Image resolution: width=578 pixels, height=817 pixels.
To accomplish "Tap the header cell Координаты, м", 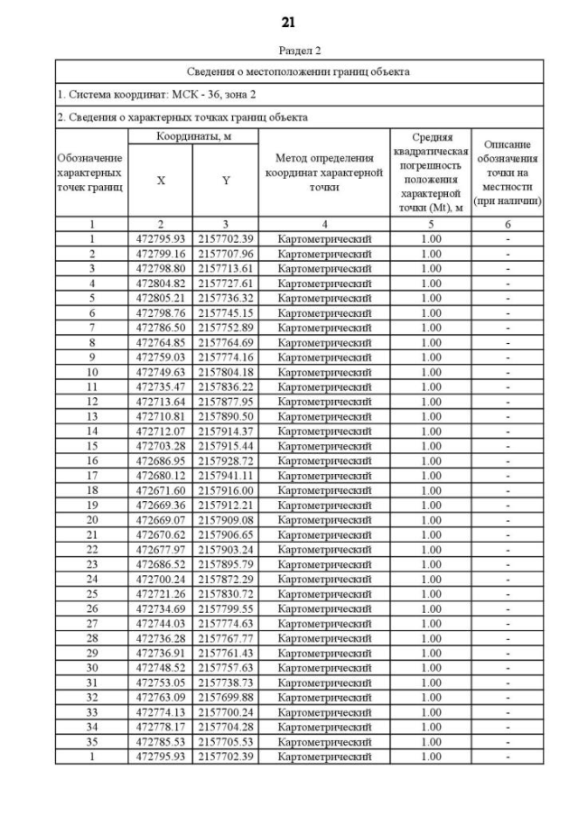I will point(192,135).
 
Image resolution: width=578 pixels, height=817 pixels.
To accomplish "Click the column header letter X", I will point(161,181).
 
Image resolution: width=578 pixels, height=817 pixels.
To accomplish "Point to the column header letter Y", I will point(226,181).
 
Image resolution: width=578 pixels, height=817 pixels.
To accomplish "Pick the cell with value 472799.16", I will point(161,254).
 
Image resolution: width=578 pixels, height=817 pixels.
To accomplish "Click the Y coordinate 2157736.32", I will point(226,298).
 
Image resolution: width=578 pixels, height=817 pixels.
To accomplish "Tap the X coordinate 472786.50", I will point(161,328).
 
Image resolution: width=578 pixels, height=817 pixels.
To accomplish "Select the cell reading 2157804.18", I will point(226,372).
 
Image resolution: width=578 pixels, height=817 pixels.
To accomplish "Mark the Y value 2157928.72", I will point(226,460).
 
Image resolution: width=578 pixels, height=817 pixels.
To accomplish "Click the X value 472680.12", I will point(161,476).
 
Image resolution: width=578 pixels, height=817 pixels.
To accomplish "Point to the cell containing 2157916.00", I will point(226,490).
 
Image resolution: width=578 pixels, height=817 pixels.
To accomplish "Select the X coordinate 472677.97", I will point(161,550).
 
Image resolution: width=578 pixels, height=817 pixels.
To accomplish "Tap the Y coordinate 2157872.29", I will point(226,579).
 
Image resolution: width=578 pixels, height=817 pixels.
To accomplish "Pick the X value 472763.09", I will point(161,697).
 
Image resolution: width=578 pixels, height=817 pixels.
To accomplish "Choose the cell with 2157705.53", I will point(226,741).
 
